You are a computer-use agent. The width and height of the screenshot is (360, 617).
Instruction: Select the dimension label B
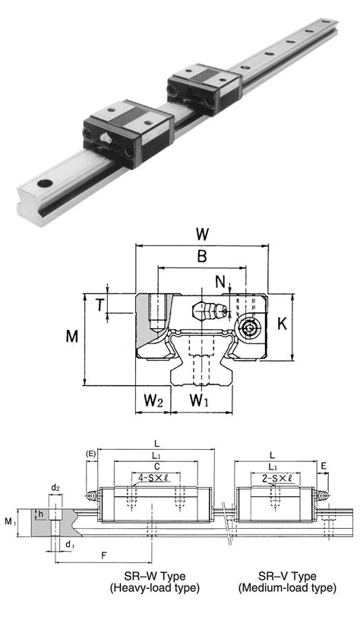point(201,257)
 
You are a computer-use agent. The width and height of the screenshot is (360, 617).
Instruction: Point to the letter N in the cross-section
point(220,282)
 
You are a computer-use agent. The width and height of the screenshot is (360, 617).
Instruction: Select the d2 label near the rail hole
point(56,487)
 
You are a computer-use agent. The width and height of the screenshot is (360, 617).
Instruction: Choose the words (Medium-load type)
point(286,588)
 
